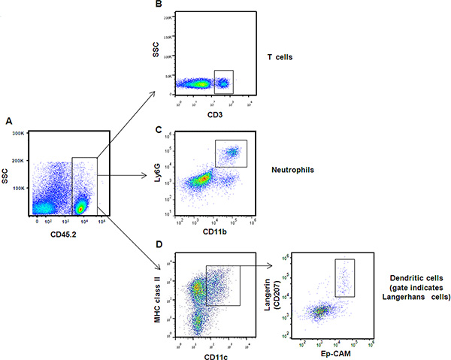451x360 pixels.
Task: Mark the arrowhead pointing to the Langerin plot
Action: [273, 265]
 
